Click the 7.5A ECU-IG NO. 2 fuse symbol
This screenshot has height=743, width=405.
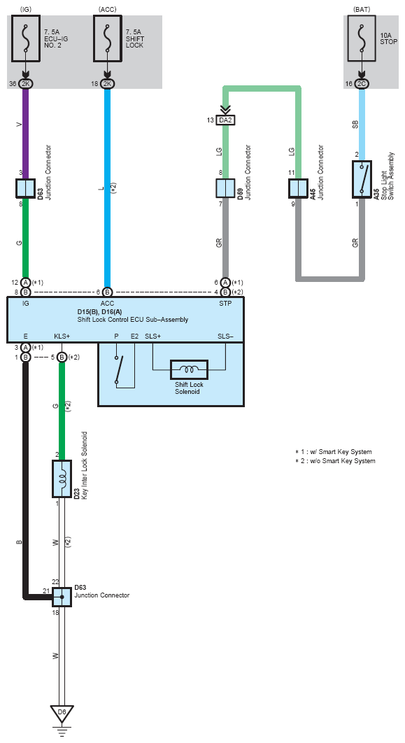[x=26, y=38]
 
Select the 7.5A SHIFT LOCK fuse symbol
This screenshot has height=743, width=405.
[x=108, y=38]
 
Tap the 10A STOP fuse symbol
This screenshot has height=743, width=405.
[x=362, y=38]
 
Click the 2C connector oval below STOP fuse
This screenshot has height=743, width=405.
[x=362, y=84]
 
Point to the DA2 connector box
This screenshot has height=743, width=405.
[x=225, y=120]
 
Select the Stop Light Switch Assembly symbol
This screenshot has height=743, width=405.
[x=362, y=179]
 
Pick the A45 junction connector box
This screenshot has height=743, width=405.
[x=299, y=189]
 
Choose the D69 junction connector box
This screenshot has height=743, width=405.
[x=225, y=189]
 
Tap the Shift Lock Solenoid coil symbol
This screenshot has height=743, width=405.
[x=189, y=369]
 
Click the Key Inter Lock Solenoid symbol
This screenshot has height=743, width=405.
[x=62, y=479]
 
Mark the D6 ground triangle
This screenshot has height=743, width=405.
[x=62, y=713]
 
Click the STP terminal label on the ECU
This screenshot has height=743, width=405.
[x=225, y=303]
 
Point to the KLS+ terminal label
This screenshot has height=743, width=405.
[x=62, y=337]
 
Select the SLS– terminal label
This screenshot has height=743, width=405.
[x=225, y=337]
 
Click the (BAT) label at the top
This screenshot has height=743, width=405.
[x=362, y=9]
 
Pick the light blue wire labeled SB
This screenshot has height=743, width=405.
[x=362, y=125]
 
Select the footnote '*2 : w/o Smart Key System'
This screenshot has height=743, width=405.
[x=335, y=460]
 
